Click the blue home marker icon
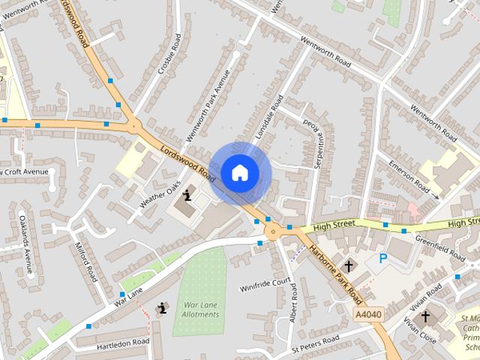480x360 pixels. [x=239, y=172]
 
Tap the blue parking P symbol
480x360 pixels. [x=383, y=259]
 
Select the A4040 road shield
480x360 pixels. [x=367, y=313]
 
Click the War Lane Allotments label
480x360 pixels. [x=201, y=310]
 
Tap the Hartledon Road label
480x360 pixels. [x=123, y=343]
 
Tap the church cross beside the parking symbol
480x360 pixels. [x=348, y=265]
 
